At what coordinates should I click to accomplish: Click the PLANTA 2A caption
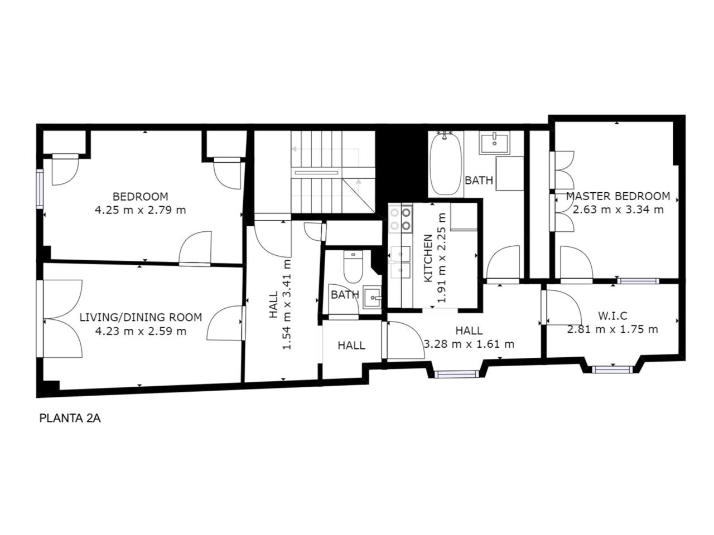point(70,418)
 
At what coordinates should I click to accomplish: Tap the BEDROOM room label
point(140,197)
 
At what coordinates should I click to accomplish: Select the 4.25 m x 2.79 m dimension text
point(140,210)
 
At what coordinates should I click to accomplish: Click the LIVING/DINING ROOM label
point(141,317)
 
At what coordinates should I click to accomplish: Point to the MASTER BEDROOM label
point(617,196)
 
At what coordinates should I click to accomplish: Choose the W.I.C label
point(612,315)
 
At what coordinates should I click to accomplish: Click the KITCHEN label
point(428,258)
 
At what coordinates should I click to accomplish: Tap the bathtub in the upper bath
point(445,164)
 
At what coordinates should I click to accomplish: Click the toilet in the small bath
point(353,267)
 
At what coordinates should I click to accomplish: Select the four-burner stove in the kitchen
point(401,218)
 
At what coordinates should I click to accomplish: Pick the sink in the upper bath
point(494,143)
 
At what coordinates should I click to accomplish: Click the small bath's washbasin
point(372,297)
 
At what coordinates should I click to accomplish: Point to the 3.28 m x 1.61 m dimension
point(469,344)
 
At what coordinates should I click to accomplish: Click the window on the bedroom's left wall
point(40,189)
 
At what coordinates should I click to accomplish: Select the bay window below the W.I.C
point(612,369)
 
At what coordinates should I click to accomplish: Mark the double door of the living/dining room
point(59,319)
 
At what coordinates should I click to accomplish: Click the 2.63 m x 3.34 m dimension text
point(617,210)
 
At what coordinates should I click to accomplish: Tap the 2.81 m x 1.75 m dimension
point(612,329)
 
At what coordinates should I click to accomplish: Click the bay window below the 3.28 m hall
point(456,374)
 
